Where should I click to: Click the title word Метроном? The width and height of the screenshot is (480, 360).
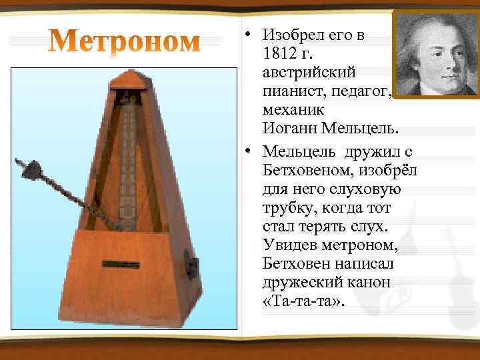(125, 41)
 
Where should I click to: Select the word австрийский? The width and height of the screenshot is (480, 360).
(309, 71)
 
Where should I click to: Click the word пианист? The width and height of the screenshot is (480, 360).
(291, 90)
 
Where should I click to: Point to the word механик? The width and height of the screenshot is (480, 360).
(292, 109)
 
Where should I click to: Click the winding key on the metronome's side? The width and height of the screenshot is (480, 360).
(192, 267)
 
